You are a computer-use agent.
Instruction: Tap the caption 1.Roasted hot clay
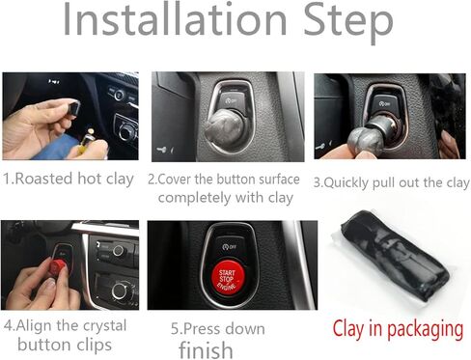(69, 180)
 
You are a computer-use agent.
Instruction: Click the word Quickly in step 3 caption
(358, 181)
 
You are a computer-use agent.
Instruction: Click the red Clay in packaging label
(397, 329)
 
